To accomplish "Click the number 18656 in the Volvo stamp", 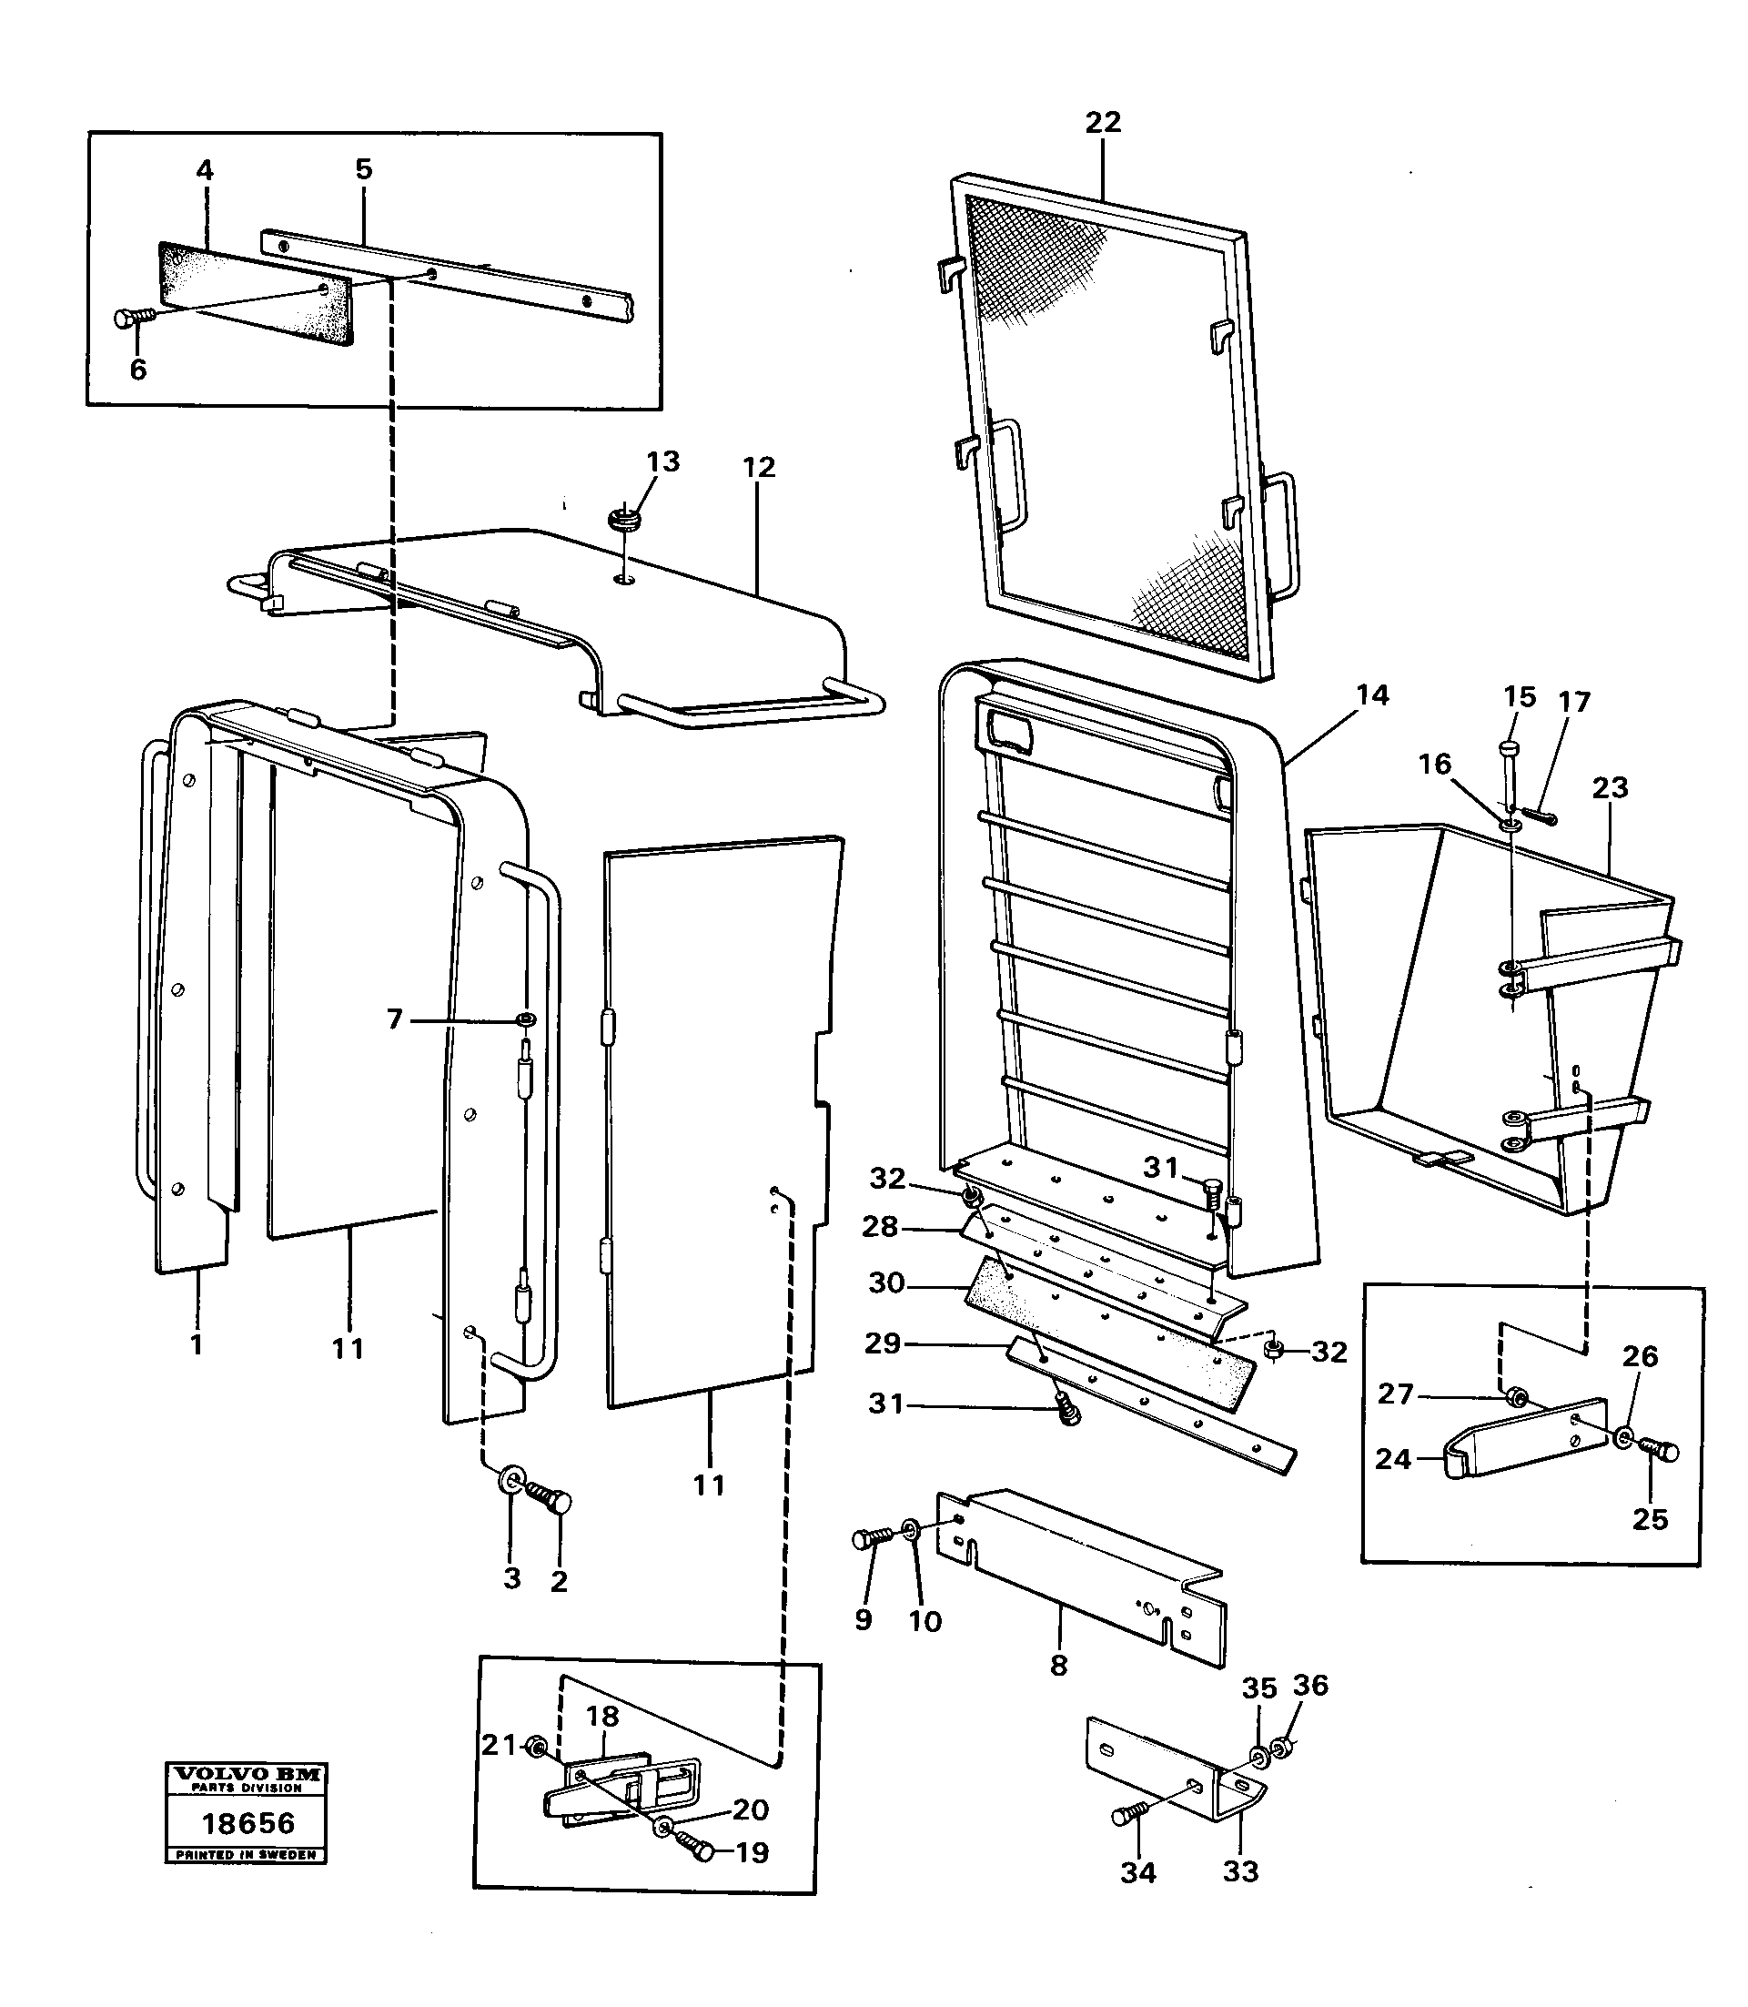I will click(x=247, y=1823).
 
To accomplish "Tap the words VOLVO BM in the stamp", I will click(x=246, y=1775).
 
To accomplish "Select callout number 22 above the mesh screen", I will click(x=1102, y=122).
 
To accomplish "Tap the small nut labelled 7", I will click(x=527, y=1020).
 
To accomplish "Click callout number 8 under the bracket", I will click(x=1058, y=1666).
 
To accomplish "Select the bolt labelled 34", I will click(x=1128, y=1813).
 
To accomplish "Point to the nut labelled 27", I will click(x=1515, y=1397).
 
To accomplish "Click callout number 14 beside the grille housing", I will click(x=1371, y=694).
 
